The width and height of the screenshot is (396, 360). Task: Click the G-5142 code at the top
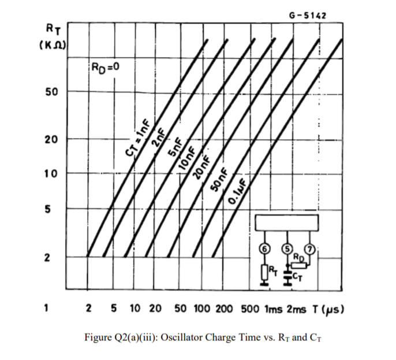coord(307,14)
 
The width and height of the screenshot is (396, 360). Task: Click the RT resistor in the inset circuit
coord(264,270)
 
